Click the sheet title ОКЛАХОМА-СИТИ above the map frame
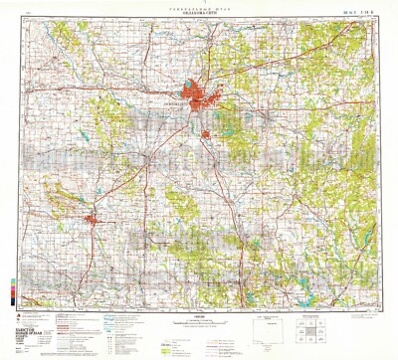[x=199, y=14]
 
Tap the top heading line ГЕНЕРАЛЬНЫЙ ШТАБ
[x=199, y=8]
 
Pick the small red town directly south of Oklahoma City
[x=205, y=134]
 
